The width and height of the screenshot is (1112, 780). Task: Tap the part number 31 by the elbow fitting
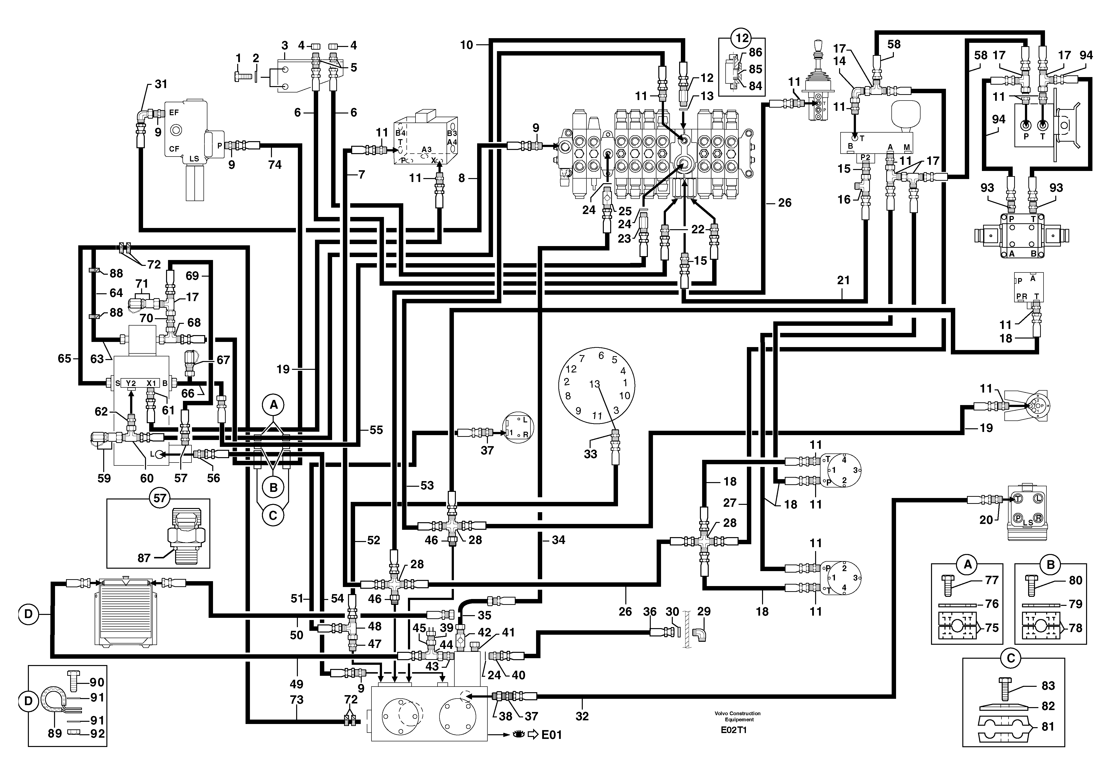click(161, 84)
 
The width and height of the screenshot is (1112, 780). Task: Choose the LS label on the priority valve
click(194, 158)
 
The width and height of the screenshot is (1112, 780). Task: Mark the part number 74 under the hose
click(275, 165)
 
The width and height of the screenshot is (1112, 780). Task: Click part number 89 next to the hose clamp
click(55, 734)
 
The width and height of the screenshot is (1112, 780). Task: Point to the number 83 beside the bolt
click(1048, 686)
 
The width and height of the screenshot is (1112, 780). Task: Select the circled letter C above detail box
click(1010, 658)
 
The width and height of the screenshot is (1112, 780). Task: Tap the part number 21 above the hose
click(843, 280)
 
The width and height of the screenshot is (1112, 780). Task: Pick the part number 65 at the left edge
click(64, 359)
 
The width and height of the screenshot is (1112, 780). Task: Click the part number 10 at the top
click(466, 45)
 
